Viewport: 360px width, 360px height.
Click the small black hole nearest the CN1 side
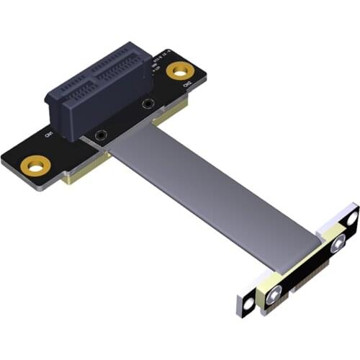pos(100,135)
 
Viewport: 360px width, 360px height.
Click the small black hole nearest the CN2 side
pos(148,104)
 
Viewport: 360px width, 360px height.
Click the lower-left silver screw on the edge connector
pos(275,293)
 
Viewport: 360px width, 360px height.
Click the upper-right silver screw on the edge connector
pos(337,245)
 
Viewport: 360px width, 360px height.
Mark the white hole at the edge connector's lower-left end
pos(248,305)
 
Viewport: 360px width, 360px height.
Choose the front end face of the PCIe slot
pos(69,115)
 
